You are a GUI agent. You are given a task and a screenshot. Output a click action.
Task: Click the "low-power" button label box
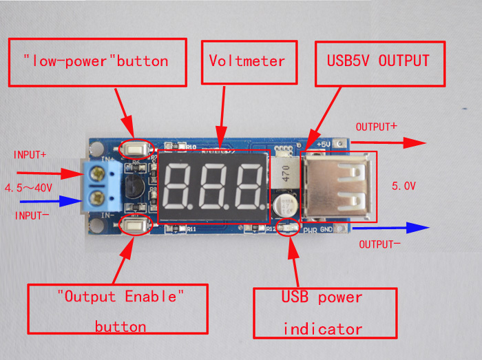click(x=98, y=62)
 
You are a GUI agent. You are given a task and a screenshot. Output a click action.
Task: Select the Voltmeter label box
click(x=247, y=62)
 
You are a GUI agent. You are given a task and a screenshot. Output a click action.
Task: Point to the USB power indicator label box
click(x=325, y=313)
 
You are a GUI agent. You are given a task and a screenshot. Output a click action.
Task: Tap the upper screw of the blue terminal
click(x=98, y=175)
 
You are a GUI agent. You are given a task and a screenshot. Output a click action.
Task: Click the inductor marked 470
click(x=284, y=175)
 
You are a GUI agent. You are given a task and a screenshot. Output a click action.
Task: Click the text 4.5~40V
click(x=29, y=187)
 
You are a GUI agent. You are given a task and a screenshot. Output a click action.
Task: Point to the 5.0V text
click(x=403, y=186)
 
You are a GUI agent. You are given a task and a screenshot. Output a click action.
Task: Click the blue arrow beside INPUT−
click(x=51, y=202)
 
